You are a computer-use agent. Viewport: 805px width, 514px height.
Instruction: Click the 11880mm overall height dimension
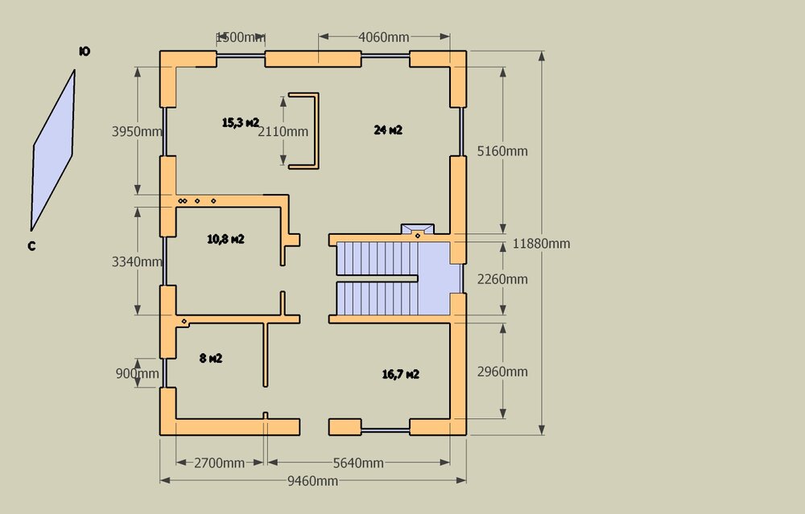coord(541,243)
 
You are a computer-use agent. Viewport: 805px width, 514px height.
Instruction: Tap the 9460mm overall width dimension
coord(312,481)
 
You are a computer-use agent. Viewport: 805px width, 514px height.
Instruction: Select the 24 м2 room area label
coord(388,130)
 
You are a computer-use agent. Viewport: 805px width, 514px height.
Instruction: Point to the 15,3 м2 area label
coord(240,122)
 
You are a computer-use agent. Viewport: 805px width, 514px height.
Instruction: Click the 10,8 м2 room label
coord(225,239)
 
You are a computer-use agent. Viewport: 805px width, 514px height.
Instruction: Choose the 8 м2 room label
coord(210,358)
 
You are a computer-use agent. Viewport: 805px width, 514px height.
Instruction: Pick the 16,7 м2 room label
coord(400,375)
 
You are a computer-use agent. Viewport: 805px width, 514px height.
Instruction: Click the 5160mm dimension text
coord(502,150)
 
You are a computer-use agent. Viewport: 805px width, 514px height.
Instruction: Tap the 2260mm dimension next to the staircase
coord(502,279)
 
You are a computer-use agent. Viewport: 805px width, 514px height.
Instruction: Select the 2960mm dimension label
coord(502,372)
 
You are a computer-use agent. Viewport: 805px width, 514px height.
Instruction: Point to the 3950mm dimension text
coord(137,131)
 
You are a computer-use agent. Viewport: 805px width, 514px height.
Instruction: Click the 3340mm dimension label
coord(137,261)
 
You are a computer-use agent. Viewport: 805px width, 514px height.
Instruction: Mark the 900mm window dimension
coord(137,373)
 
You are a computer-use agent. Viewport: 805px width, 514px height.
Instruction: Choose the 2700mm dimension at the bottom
coord(219,463)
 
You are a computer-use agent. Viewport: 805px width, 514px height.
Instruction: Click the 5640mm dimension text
coord(358,463)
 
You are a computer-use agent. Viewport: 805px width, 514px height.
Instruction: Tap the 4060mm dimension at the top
coord(383,37)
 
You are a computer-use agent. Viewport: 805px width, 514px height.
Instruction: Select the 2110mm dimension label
coord(283,131)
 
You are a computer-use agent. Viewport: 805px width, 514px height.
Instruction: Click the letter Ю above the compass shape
coord(85,51)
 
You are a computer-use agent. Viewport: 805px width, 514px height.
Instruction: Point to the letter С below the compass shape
coord(32,246)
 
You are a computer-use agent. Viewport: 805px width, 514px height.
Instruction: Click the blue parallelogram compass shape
coord(53,150)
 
